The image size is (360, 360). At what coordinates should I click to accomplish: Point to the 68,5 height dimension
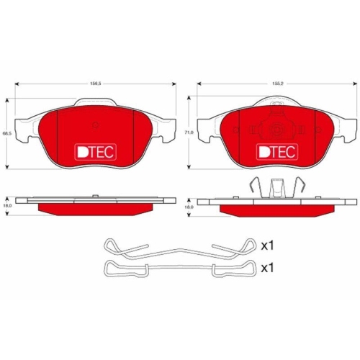click(6, 134)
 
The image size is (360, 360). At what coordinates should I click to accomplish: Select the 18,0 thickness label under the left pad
click(6, 207)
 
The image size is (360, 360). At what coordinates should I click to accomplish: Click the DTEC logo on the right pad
click(277, 152)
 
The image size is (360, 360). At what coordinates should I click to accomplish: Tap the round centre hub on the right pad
click(277, 130)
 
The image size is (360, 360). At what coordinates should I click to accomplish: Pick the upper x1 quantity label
click(268, 246)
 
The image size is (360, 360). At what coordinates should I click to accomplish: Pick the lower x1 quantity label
click(268, 269)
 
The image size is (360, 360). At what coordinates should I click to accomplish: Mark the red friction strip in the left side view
click(95, 208)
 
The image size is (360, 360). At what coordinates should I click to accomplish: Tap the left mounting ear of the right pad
click(209, 132)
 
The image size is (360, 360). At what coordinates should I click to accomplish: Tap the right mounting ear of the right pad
click(345, 132)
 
